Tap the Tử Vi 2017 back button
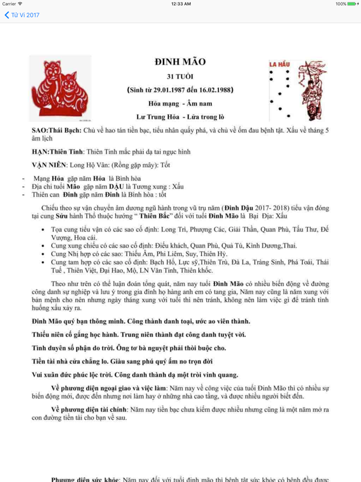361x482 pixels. pyautogui.click(x=23, y=15)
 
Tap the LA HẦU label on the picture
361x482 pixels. pyautogui.click(x=279, y=64)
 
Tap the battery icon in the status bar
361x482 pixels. pyautogui.click(x=352, y=4)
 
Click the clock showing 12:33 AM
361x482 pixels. pyautogui.click(x=180, y=4)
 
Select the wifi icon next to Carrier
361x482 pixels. pyautogui.click(x=21, y=4)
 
